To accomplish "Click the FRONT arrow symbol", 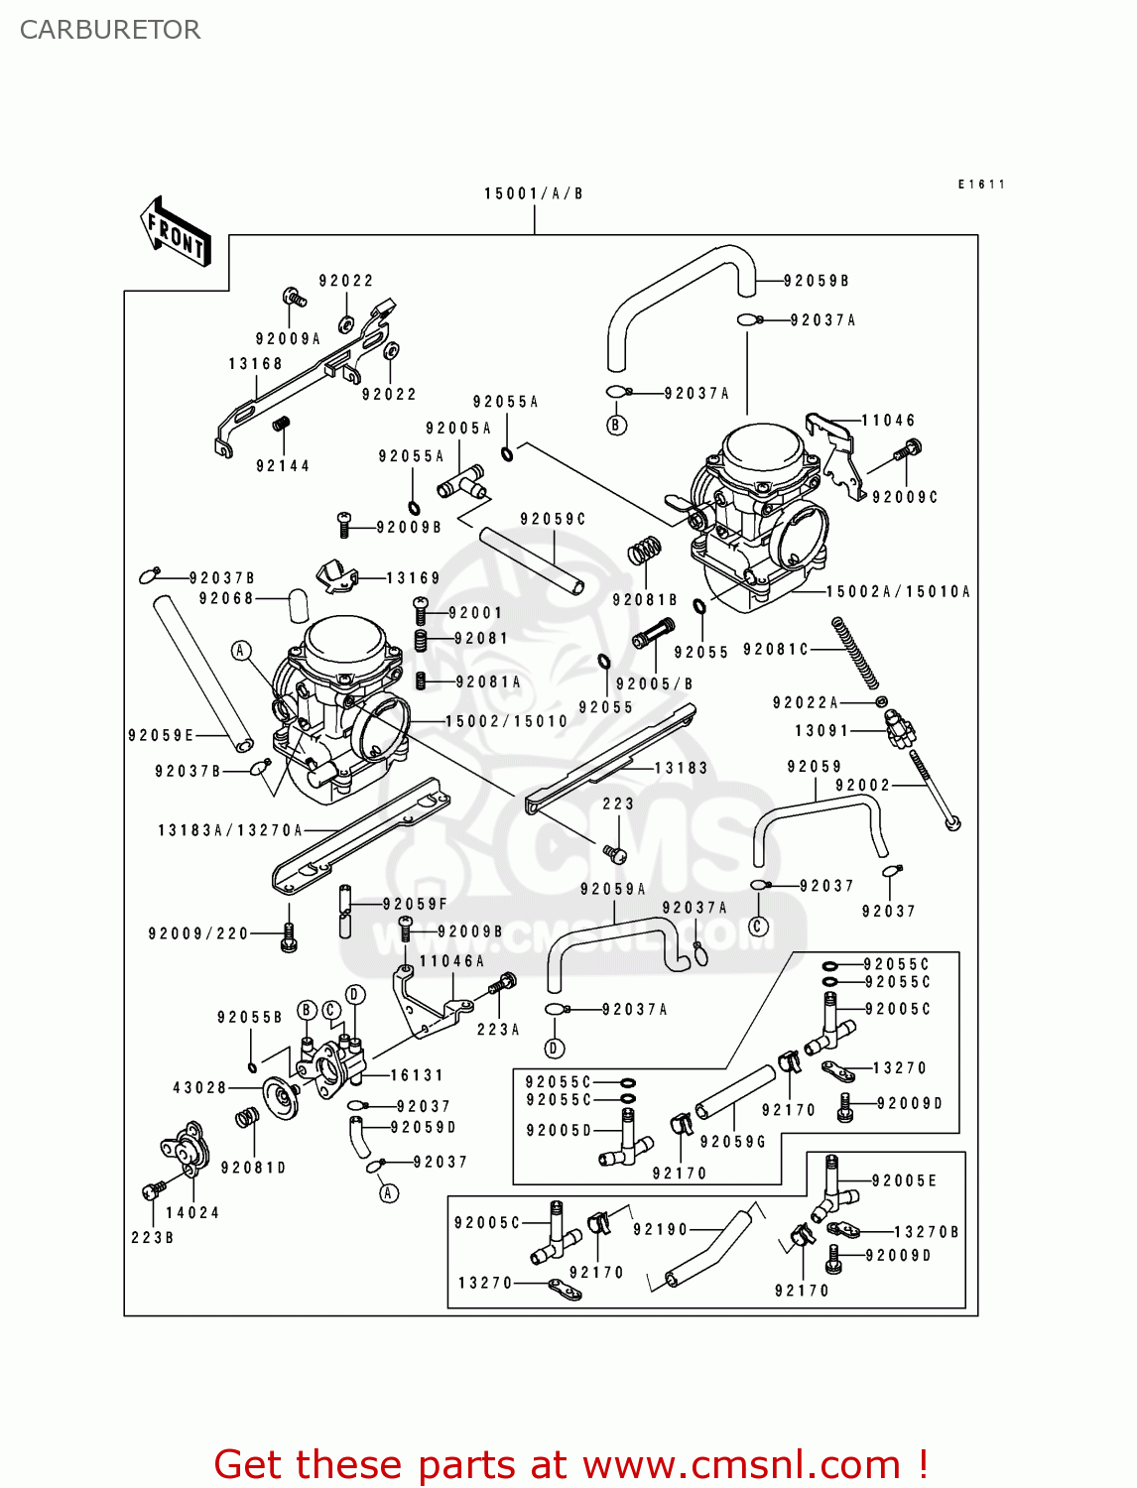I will pos(177,231).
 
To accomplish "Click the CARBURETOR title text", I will pos(110,30).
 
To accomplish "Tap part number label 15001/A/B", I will pos(534,193).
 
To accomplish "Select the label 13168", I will pos(255,364).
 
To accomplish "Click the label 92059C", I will pos(553,519).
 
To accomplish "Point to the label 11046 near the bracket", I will pos(888,421).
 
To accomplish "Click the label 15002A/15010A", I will pos(898,591).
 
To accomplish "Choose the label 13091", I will pos(821,730).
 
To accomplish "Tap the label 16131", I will pos(417,1074).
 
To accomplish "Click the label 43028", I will pos(199,1087).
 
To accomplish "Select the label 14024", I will pos(192,1212).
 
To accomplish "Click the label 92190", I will pos(660,1229).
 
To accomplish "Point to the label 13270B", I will pos(927,1232).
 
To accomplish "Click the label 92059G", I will pos(733,1142).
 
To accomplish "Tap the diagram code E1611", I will pos(981,185).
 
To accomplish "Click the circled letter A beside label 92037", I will pos(389,1192).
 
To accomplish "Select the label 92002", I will pos(862,785).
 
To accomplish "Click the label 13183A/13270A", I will pos(230,830).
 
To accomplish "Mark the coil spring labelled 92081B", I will pos(645,551).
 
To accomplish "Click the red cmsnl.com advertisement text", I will pos(570,1464).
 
